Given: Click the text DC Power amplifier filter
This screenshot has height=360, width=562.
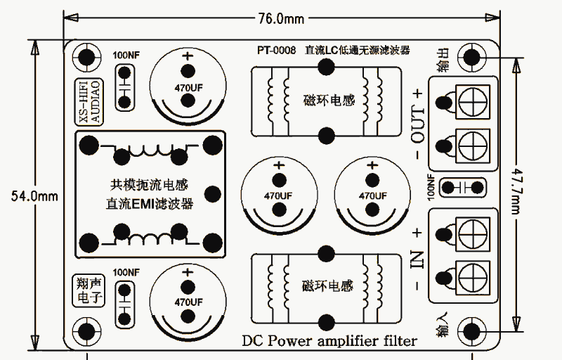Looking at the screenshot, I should click(329, 341).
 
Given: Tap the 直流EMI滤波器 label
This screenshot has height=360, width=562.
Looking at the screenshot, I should click(150, 205).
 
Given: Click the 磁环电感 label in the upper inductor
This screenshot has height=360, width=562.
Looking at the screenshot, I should click(328, 100).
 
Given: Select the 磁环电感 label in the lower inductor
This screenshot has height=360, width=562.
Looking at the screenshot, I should click(328, 286).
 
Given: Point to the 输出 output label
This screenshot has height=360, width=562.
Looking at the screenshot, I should click(444, 60).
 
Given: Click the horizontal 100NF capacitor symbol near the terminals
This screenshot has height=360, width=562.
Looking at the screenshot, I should click(462, 187).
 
